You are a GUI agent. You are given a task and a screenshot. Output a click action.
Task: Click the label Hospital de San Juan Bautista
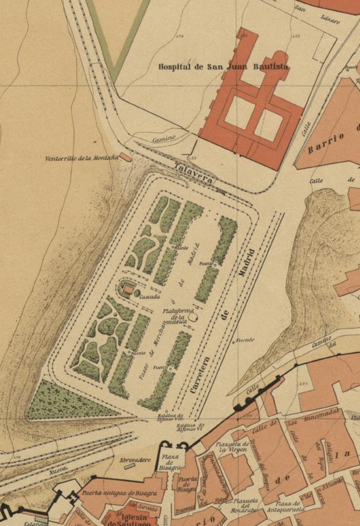tap(223, 67)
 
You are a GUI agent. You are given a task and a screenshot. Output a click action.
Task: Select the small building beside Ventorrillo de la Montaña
tap(125, 157)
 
